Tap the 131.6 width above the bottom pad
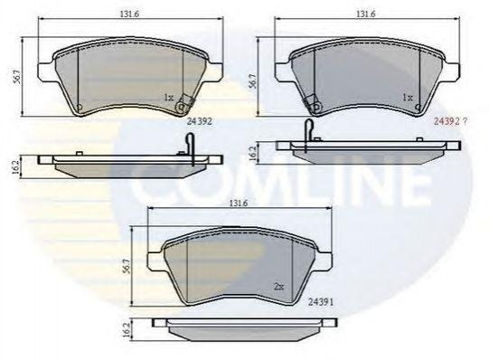pyautogui.click(x=239, y=203)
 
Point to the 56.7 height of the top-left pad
pyautogui.click(x=17, y=76)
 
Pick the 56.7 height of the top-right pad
pyautogui.click(x=253, y=81)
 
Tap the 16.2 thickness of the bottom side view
pyautogui.click(x=127, y=330)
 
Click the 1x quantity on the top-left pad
pyautogui.click(x=169, y=98)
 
